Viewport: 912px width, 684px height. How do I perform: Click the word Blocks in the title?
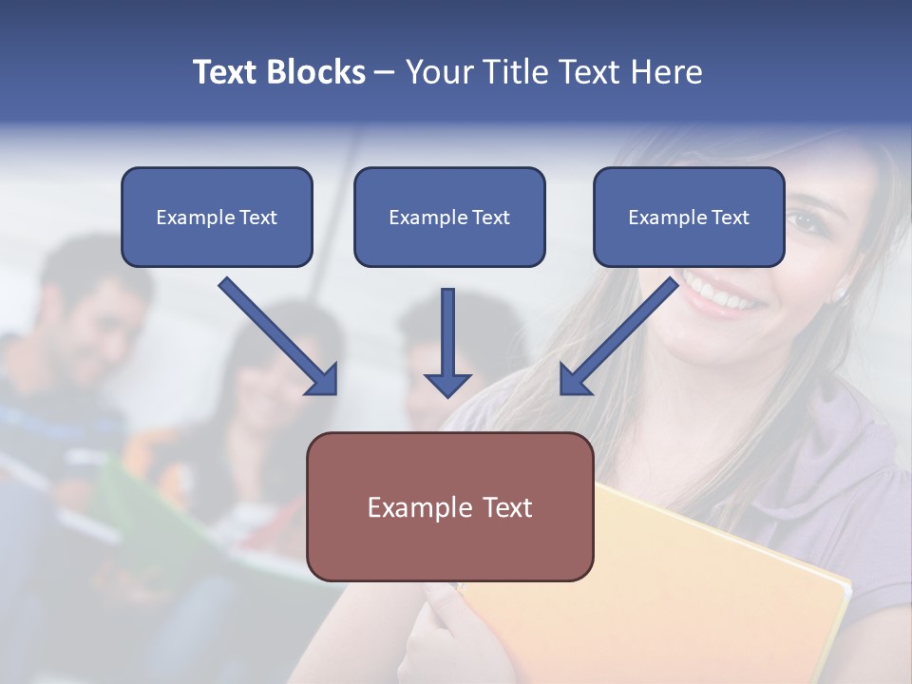(x=317, y=72)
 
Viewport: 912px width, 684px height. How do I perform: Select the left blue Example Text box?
(x=217, y=217)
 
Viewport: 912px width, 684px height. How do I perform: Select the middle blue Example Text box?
(x=449, y=217)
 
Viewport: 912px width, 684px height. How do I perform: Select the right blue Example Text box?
(x=689, y=217)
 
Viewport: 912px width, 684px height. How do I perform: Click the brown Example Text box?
(x=449, y=506)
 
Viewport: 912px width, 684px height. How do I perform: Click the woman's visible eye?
(x=804, y=220)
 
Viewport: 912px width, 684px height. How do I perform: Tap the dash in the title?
(x=385, y=72)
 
